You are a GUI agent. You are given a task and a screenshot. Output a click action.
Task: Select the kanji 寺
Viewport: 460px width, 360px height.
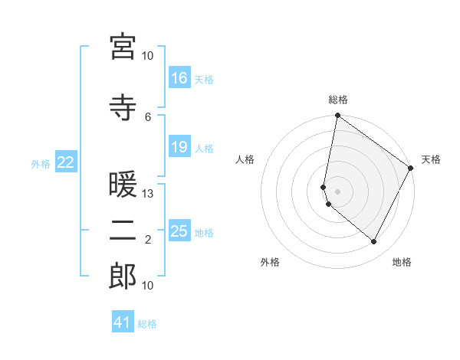123,108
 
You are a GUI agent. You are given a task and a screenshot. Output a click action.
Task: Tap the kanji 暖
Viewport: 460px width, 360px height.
123,187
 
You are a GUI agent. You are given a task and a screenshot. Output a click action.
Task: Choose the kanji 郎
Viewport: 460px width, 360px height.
123,277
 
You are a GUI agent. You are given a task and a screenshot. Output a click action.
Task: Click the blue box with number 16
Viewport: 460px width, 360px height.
179,78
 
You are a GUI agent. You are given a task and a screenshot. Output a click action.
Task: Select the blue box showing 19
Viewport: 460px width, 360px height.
179,147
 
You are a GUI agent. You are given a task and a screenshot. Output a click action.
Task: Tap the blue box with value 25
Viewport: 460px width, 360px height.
179,231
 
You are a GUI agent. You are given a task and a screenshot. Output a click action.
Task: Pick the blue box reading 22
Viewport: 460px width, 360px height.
66,162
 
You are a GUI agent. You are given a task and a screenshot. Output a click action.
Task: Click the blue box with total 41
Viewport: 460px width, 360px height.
123,322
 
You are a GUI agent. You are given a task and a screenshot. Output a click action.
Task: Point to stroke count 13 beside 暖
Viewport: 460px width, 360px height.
148,194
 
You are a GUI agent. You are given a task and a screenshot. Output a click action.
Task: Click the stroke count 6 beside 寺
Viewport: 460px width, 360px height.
148,116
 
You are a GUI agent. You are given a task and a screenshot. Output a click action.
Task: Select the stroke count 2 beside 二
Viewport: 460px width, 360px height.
148,240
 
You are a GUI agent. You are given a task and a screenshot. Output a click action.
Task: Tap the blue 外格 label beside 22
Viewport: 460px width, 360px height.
41,163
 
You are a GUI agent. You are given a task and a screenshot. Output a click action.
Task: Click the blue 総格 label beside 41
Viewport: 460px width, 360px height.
147,323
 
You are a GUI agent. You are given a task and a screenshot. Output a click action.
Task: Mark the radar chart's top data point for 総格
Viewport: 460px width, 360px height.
337,116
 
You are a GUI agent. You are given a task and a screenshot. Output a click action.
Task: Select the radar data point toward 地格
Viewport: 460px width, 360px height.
374,242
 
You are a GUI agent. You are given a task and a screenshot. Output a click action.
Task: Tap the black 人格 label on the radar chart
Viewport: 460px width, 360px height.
245,159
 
